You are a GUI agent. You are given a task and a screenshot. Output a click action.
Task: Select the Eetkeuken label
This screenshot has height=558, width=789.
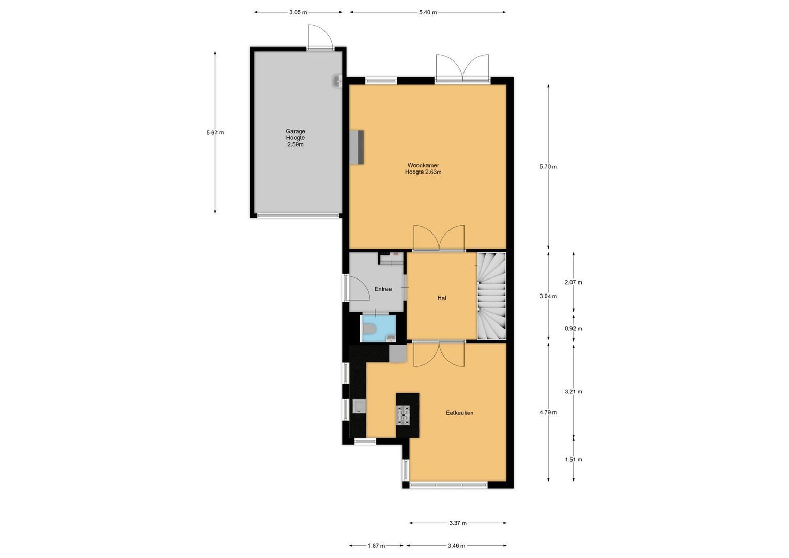[459, 413]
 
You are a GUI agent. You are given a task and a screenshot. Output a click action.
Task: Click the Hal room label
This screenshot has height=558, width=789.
[441, 298]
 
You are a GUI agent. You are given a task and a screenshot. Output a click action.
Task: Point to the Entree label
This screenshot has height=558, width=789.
[383, 289]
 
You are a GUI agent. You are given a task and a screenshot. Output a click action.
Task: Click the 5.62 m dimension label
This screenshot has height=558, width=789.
[215, 132]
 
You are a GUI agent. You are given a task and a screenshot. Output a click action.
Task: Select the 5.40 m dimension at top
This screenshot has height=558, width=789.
[427, 12]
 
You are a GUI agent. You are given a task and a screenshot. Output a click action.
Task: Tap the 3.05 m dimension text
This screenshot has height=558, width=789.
[298, 12]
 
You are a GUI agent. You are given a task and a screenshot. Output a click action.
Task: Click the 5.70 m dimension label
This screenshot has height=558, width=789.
[548, 167]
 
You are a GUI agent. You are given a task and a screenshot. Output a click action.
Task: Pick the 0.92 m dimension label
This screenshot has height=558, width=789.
[573, 329]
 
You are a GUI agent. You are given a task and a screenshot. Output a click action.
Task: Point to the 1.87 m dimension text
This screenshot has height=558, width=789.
[376, 546]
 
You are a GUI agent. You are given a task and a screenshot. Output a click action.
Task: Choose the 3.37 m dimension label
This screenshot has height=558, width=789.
[457, 523]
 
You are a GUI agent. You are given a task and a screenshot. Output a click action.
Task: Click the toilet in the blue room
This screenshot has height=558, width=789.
[369, 328]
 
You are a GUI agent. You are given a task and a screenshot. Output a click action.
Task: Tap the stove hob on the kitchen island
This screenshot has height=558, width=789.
[404, 414]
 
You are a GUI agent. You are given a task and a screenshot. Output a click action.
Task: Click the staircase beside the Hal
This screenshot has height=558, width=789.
[491, 297]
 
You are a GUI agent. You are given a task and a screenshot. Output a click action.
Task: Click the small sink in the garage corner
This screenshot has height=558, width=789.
[336, 81]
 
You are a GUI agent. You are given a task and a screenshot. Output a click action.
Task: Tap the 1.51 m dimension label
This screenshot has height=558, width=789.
[573, 460]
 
